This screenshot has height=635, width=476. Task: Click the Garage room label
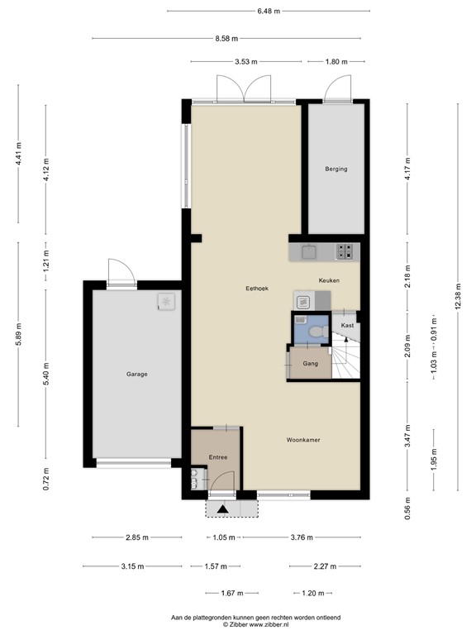pos(136,375)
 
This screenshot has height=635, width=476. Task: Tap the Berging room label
pos(336,169)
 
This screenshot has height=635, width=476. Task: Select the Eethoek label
pos(257,289)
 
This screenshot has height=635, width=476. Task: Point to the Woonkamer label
pos(302,440)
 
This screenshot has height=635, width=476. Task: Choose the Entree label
pos(217,457)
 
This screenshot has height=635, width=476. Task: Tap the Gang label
pos(311,364)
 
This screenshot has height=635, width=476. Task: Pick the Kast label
pos(347,327)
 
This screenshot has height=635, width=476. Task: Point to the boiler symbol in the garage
pos(168,303)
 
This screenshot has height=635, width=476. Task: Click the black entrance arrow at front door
pos(221,508)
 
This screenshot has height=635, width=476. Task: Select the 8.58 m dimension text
pos(226,38)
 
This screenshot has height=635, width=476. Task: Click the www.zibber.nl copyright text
pos(255,625)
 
